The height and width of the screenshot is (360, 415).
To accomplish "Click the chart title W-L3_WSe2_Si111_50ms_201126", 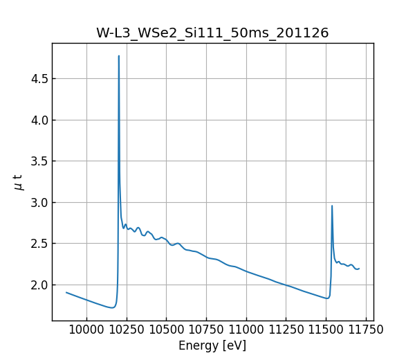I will [x=212, y=33].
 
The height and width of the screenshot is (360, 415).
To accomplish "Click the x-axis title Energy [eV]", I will [x=212, y=345].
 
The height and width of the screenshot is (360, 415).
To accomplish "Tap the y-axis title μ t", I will [x=18, y=182].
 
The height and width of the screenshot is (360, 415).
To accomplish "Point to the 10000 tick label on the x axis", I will [x=86, y=330].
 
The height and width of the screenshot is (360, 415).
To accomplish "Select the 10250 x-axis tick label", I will [x=127, y=330].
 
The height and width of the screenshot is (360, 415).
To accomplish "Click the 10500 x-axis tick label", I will [x=167, y=330].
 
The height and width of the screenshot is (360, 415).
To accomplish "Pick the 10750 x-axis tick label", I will [x=206, y=330].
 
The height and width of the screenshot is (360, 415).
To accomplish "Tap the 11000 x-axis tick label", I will [x=246, y=330].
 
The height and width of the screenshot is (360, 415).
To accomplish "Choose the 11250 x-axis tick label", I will [x=286, y=330].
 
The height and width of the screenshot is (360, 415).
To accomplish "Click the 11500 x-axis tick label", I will [x=326, y=330].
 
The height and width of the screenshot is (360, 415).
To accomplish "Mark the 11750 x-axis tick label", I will [x=366, y=330].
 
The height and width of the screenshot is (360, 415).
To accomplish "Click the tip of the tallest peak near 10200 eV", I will [x=119, y=56].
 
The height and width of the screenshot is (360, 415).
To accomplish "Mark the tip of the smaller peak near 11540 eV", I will [x=332, y=206].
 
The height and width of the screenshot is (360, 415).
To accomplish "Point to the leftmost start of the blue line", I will [x=66, y=292].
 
